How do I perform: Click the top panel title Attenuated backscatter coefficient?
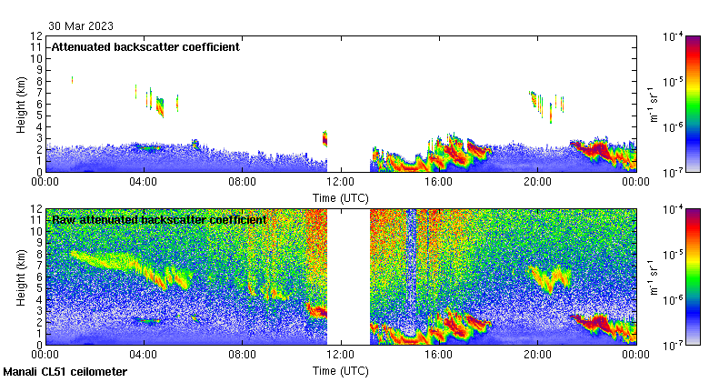(145, 46)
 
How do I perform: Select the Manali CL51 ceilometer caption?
(65, 372)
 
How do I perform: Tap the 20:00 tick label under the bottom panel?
(537, 355)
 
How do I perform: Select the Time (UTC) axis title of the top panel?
(341, 196)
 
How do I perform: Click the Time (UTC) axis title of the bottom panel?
(341, 371)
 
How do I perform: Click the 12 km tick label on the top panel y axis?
(36, 36)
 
